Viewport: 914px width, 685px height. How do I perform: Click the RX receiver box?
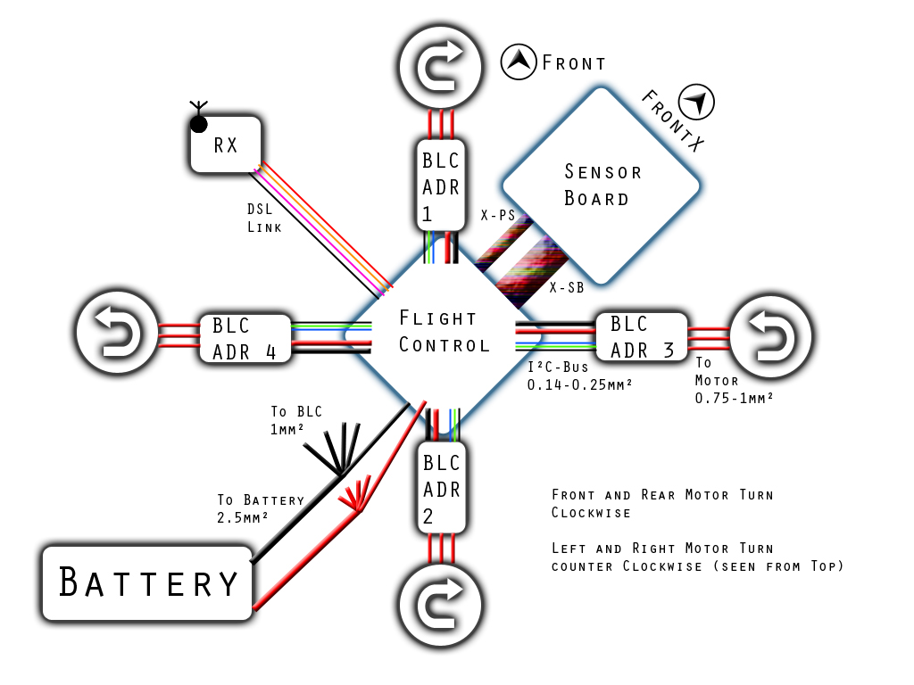[x=226, y=144]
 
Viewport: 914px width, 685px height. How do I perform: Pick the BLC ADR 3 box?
[x=642, y=336]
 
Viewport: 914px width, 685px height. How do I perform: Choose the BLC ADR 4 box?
[x=245, y=338]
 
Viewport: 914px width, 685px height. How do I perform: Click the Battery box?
[x=147, y=582]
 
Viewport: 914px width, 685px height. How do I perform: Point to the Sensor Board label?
[x=602, y=185]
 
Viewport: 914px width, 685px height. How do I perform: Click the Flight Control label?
[x=445, y=332]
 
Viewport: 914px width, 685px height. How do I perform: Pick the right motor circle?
[x=771, y=335]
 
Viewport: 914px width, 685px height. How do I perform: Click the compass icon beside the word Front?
[x=519, y=62]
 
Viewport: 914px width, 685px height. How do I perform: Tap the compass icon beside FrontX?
[x=697, y=102]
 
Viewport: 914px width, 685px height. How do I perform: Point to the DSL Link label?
[x=264, y=218]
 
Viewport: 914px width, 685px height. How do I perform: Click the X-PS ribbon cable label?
[x=498, y=215]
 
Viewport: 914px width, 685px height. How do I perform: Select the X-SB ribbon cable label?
[x=567, y=287]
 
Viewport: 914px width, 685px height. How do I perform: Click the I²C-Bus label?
[x=558, y=367]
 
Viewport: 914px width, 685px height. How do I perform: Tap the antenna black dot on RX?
[x=199, y=124]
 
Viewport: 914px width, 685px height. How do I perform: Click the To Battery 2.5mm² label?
[x=261, y=508]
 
